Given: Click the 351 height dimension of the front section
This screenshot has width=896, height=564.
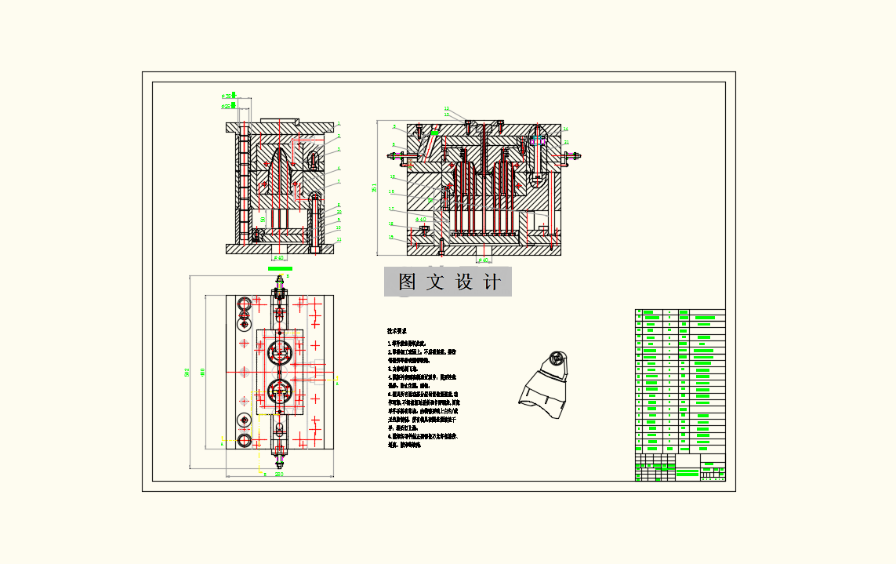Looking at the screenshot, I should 374,188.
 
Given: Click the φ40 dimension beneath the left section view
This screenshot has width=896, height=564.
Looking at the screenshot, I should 278,257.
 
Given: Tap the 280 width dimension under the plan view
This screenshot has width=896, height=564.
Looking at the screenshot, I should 278,474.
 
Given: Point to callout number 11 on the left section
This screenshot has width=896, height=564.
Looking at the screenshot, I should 339,239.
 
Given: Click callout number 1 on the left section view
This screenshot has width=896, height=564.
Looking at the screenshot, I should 339,124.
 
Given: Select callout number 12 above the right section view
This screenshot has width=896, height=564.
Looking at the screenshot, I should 446,109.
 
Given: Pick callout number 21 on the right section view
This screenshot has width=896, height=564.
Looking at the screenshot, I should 566,142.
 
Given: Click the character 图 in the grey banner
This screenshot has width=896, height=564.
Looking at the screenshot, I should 407,282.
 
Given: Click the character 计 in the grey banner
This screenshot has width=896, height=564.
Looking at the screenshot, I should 492,282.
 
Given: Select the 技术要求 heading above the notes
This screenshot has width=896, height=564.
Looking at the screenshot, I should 399,332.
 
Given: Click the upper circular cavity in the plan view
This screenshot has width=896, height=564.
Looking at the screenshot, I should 279,353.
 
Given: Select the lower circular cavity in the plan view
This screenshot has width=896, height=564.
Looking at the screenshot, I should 279,390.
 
